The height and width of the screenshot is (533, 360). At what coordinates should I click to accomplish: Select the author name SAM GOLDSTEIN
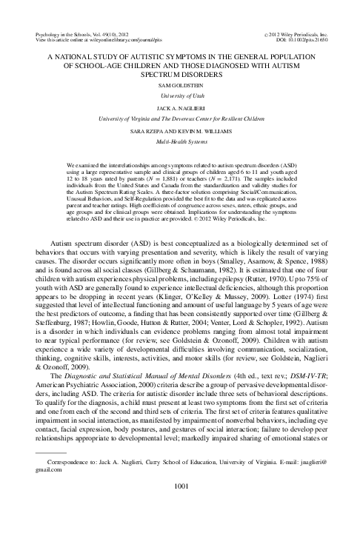[x=180, y=85]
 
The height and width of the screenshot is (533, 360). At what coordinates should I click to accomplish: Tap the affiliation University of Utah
[x=180, y=95]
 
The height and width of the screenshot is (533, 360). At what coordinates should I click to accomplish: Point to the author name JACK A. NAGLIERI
[x=180, y=107]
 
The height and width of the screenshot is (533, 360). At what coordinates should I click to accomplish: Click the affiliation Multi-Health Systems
[x=180, y=138]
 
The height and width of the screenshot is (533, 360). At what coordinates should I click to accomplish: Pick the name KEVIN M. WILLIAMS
[x=201, y=129]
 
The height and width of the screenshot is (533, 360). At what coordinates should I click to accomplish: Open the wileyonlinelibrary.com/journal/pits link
[x=104, y=41]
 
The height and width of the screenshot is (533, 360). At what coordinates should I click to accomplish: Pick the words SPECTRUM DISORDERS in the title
[x=180, y=73]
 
